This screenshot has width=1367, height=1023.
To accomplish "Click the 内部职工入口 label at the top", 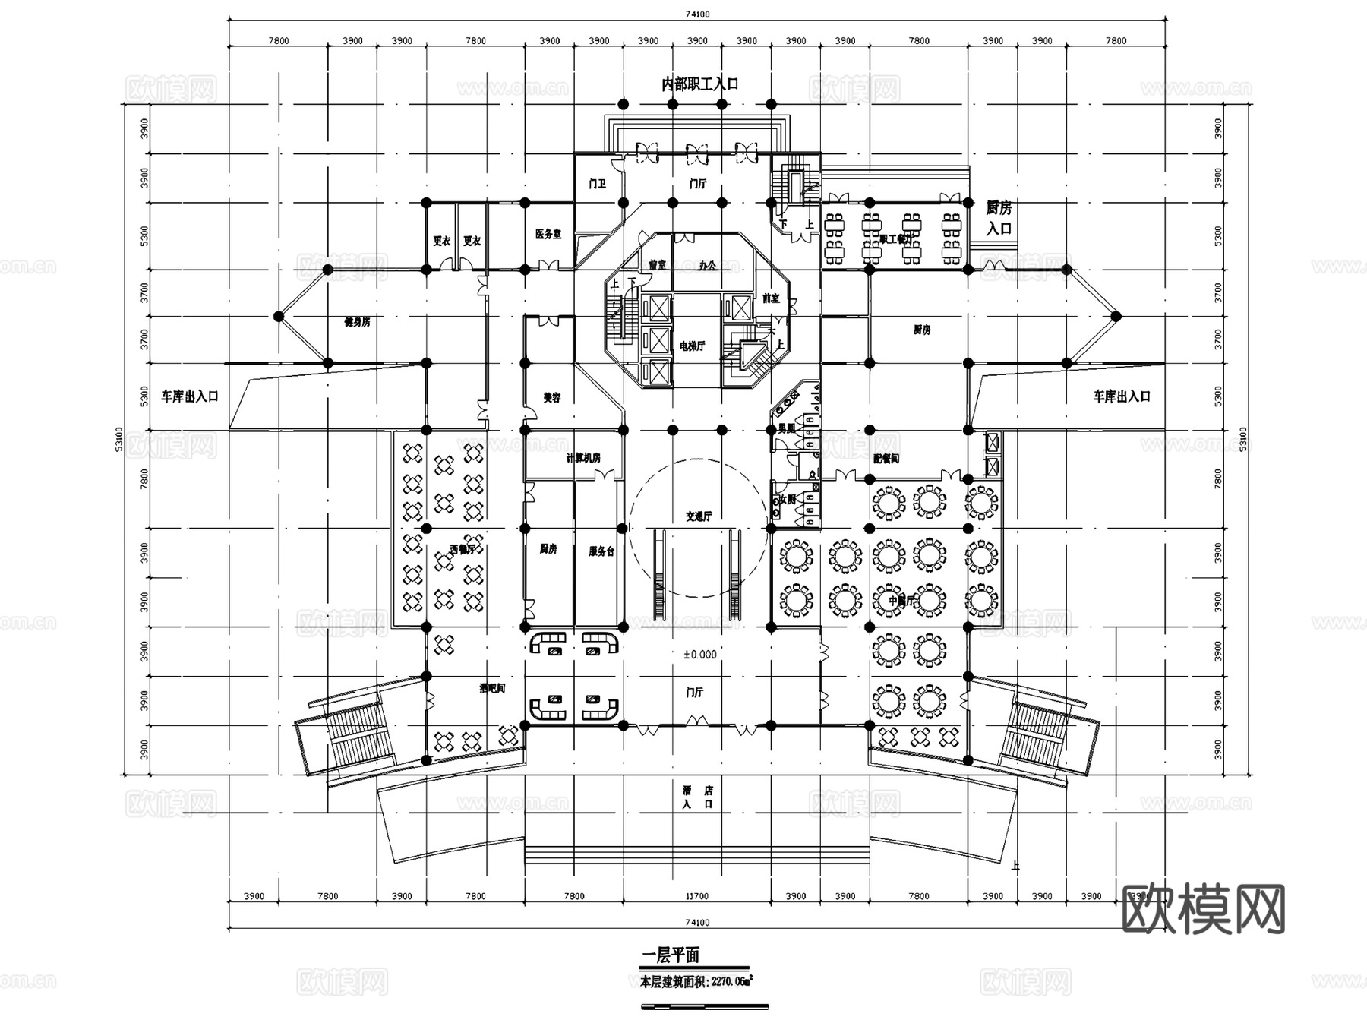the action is (x=699, y=84).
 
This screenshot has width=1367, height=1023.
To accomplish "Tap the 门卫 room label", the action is (x=598, y=184).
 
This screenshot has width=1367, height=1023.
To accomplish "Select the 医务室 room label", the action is (x=548, y=235).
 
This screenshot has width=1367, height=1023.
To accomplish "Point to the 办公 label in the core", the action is (x=707, y=266).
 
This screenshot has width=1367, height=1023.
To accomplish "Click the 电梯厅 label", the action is (x=692, y=346).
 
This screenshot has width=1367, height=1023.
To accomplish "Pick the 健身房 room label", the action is (x=357, y=322).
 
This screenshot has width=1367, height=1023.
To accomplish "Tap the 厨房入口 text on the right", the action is (x=999, y=218).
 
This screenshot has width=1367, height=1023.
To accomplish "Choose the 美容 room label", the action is (x=551, y=398).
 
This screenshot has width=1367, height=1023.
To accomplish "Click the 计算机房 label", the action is (x=582, y=459).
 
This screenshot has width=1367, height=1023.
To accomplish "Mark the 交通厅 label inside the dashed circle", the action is (x=699, y=516).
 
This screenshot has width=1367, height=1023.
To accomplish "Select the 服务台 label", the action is (x=601, y=552).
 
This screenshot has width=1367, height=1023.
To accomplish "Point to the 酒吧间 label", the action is (x=491, y=689).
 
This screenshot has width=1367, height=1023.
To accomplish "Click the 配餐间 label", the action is (x=886, y=459).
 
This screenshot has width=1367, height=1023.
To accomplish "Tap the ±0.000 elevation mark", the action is (x=699, y=654).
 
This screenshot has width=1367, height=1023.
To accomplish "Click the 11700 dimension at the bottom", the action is (x=696, y=897).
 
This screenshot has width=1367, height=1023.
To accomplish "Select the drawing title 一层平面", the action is (x=671, y=955).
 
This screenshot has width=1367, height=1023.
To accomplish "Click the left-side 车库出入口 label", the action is (x=189, y=396).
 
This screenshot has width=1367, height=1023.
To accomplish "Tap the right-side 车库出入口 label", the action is (x=1121, y=396).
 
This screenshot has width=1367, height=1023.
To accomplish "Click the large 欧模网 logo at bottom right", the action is (x=1203, y=909).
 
